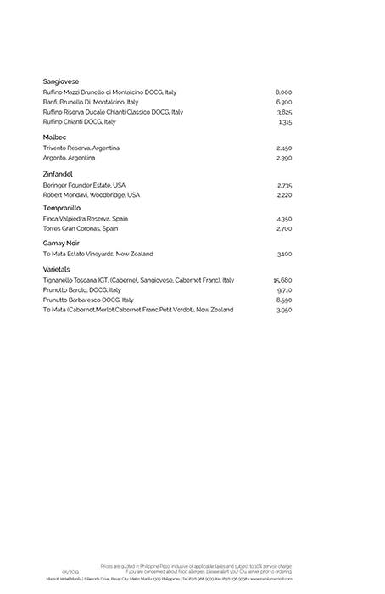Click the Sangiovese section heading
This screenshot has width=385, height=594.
click(61, 81)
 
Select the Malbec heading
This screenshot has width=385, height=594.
click(54, 137)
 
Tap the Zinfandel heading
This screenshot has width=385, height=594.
click(59, 174)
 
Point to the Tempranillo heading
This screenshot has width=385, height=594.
click(62, 208)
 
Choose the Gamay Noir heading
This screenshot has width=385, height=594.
click(61, 243)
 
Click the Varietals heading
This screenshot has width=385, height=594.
click(59, 269)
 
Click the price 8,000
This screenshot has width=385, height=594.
click(283, 92)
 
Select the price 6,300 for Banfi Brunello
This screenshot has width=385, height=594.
click(283, 102)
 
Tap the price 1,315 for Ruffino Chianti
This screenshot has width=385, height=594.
click(284, 122)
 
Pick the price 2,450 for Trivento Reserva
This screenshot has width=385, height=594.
click(284, 148)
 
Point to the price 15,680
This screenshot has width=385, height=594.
click(282, 280)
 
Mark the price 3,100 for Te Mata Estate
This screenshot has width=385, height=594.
click(284, 254)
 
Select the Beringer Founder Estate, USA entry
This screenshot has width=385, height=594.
click(84, 185)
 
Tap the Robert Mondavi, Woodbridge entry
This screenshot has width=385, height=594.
click(92, 194)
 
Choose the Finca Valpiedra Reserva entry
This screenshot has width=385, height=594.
click(86, 219)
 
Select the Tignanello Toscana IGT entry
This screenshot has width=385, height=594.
click(138, 280)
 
